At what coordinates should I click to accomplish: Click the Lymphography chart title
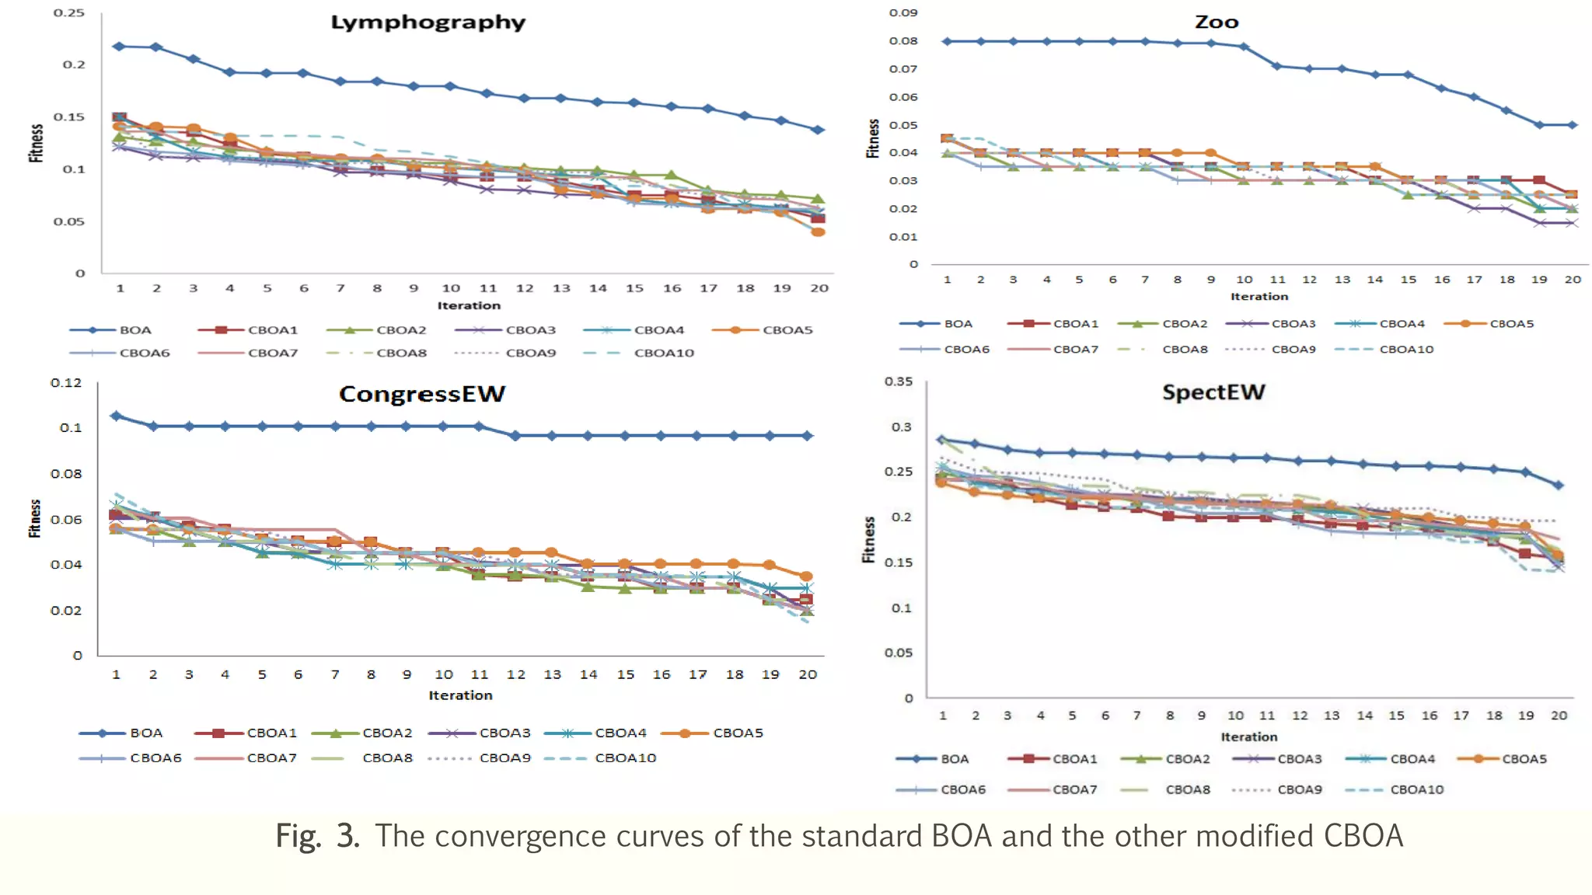(428, 23)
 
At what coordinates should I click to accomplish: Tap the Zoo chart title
(1216, 23)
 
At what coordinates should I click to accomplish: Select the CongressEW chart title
(421, 394)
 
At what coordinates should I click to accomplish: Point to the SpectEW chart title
(1213, 392)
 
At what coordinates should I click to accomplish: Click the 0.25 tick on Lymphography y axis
(68, 13)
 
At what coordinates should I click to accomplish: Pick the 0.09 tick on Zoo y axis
(902, 13)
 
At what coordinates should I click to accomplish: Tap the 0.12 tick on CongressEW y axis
(66, 382)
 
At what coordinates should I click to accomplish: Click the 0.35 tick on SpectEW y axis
(898, 381)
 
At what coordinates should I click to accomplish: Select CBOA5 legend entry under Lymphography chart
(787, 330)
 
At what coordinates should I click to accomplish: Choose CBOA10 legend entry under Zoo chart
(1405, 350)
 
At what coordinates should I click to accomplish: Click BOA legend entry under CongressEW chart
(145, 733)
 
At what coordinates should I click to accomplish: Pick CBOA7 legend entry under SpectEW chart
(1074, 789)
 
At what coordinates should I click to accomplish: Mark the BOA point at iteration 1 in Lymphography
(119, 47)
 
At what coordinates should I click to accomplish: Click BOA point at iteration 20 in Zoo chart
(1573, 125)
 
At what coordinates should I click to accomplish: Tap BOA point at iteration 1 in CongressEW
(117, 416)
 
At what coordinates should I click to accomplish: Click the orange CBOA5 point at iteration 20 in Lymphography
(818, 232)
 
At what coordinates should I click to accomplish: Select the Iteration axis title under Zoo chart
(1259, 297)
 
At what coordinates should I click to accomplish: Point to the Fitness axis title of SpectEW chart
(868, 539)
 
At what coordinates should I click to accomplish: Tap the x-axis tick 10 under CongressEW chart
(443, 674)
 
